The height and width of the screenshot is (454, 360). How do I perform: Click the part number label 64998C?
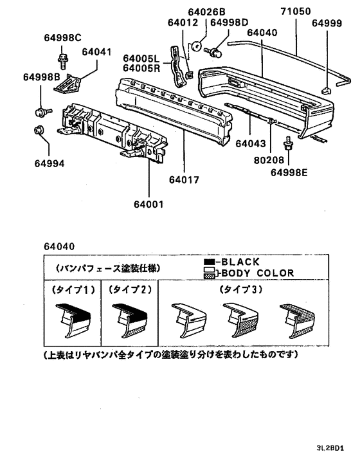[63, 37]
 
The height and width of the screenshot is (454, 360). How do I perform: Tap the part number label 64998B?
[42, 78]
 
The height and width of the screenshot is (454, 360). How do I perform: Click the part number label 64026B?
[207, 12]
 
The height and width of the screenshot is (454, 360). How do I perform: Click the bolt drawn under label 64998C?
[64, 61]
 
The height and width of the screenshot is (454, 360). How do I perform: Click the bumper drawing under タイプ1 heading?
[70, 320]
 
